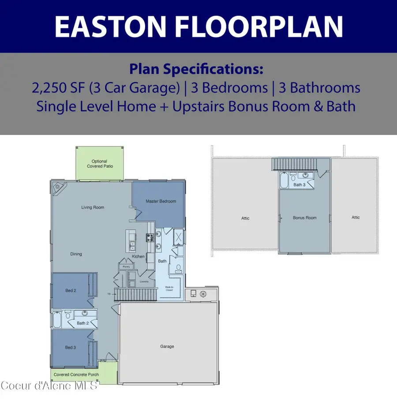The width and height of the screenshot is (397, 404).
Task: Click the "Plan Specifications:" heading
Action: point(196,69)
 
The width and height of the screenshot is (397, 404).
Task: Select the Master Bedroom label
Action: point(161,202)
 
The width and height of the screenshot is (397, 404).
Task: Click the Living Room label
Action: point(93,207)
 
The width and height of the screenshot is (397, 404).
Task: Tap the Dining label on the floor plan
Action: point(76,254)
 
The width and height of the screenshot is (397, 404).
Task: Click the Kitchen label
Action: point(138,257)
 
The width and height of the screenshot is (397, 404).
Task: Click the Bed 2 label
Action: point(71,290)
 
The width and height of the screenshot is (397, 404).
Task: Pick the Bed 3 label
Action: point(71,348)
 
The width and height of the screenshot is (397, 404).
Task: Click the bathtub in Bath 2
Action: point(58,319)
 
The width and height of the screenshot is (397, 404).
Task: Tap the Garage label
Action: point(167,347)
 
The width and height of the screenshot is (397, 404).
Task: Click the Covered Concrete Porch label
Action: point(76,374)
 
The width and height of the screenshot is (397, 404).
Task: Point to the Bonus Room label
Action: point(304,218)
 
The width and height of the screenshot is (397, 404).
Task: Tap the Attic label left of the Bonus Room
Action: point(245,218)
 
